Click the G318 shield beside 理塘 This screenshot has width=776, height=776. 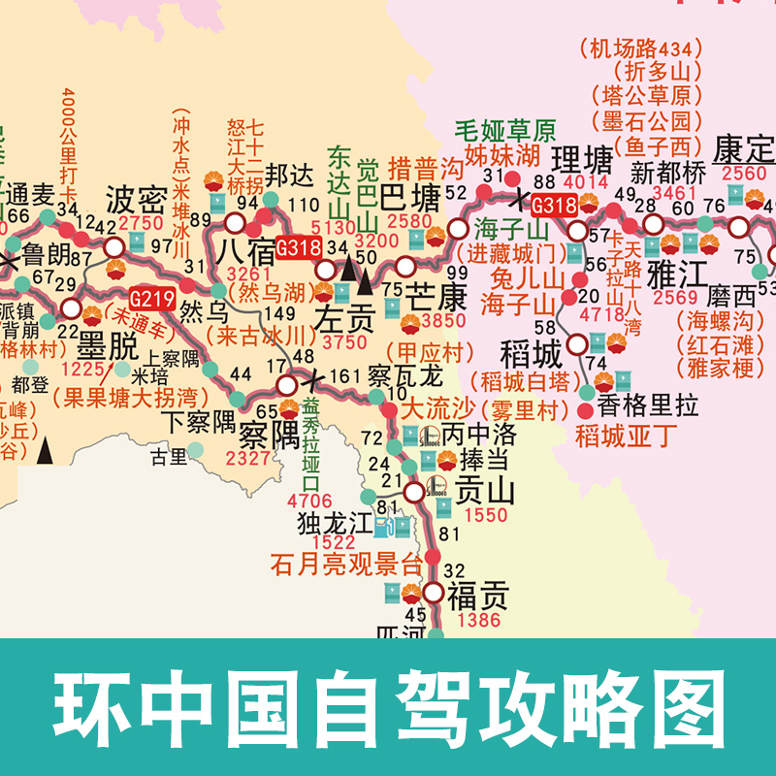click(x=555, y=205)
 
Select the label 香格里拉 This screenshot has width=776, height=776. click(x=647, y=407)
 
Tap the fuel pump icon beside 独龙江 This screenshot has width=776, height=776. click(x=399, y=528)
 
